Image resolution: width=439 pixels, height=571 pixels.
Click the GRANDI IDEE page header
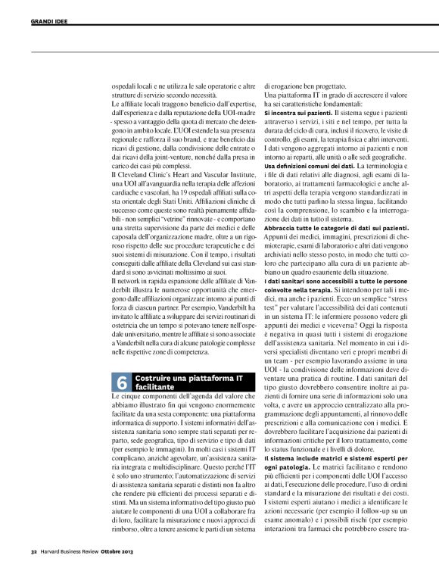pyautogui.click(x=49, y=22)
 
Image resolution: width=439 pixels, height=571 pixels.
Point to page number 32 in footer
pyautogui.click(x=34, y=551)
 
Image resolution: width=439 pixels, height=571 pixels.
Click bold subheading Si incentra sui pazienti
pyautogui.click(x=297, y=111)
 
